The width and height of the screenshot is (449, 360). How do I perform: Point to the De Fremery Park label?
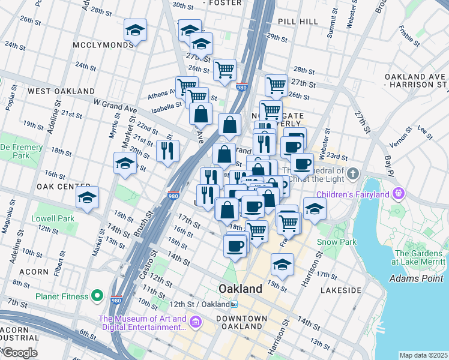click(22, 151)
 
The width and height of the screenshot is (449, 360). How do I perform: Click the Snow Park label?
click(337, 242)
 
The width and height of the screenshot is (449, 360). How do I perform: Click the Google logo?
click(19, 353)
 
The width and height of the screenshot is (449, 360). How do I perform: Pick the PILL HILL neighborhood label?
click(298, 21)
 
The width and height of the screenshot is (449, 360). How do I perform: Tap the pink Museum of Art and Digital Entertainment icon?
click(195, 323)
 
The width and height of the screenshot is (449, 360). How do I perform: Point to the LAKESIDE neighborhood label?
click(341, 289)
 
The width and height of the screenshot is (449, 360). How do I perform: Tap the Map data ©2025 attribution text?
click(423, 355)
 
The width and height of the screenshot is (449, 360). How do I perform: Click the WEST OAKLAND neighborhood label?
click(55, 91)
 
